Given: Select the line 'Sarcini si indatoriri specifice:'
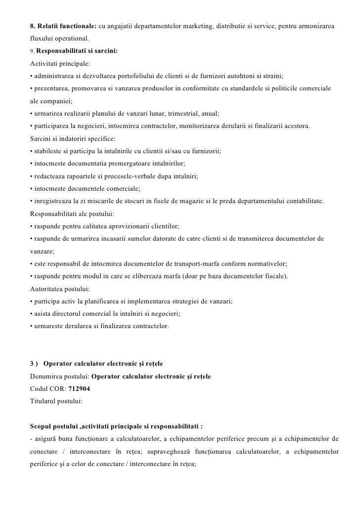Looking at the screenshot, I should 72,139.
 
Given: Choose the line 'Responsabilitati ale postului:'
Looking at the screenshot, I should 72,214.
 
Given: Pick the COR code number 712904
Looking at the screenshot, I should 79,389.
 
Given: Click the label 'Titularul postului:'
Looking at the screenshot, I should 56,401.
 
